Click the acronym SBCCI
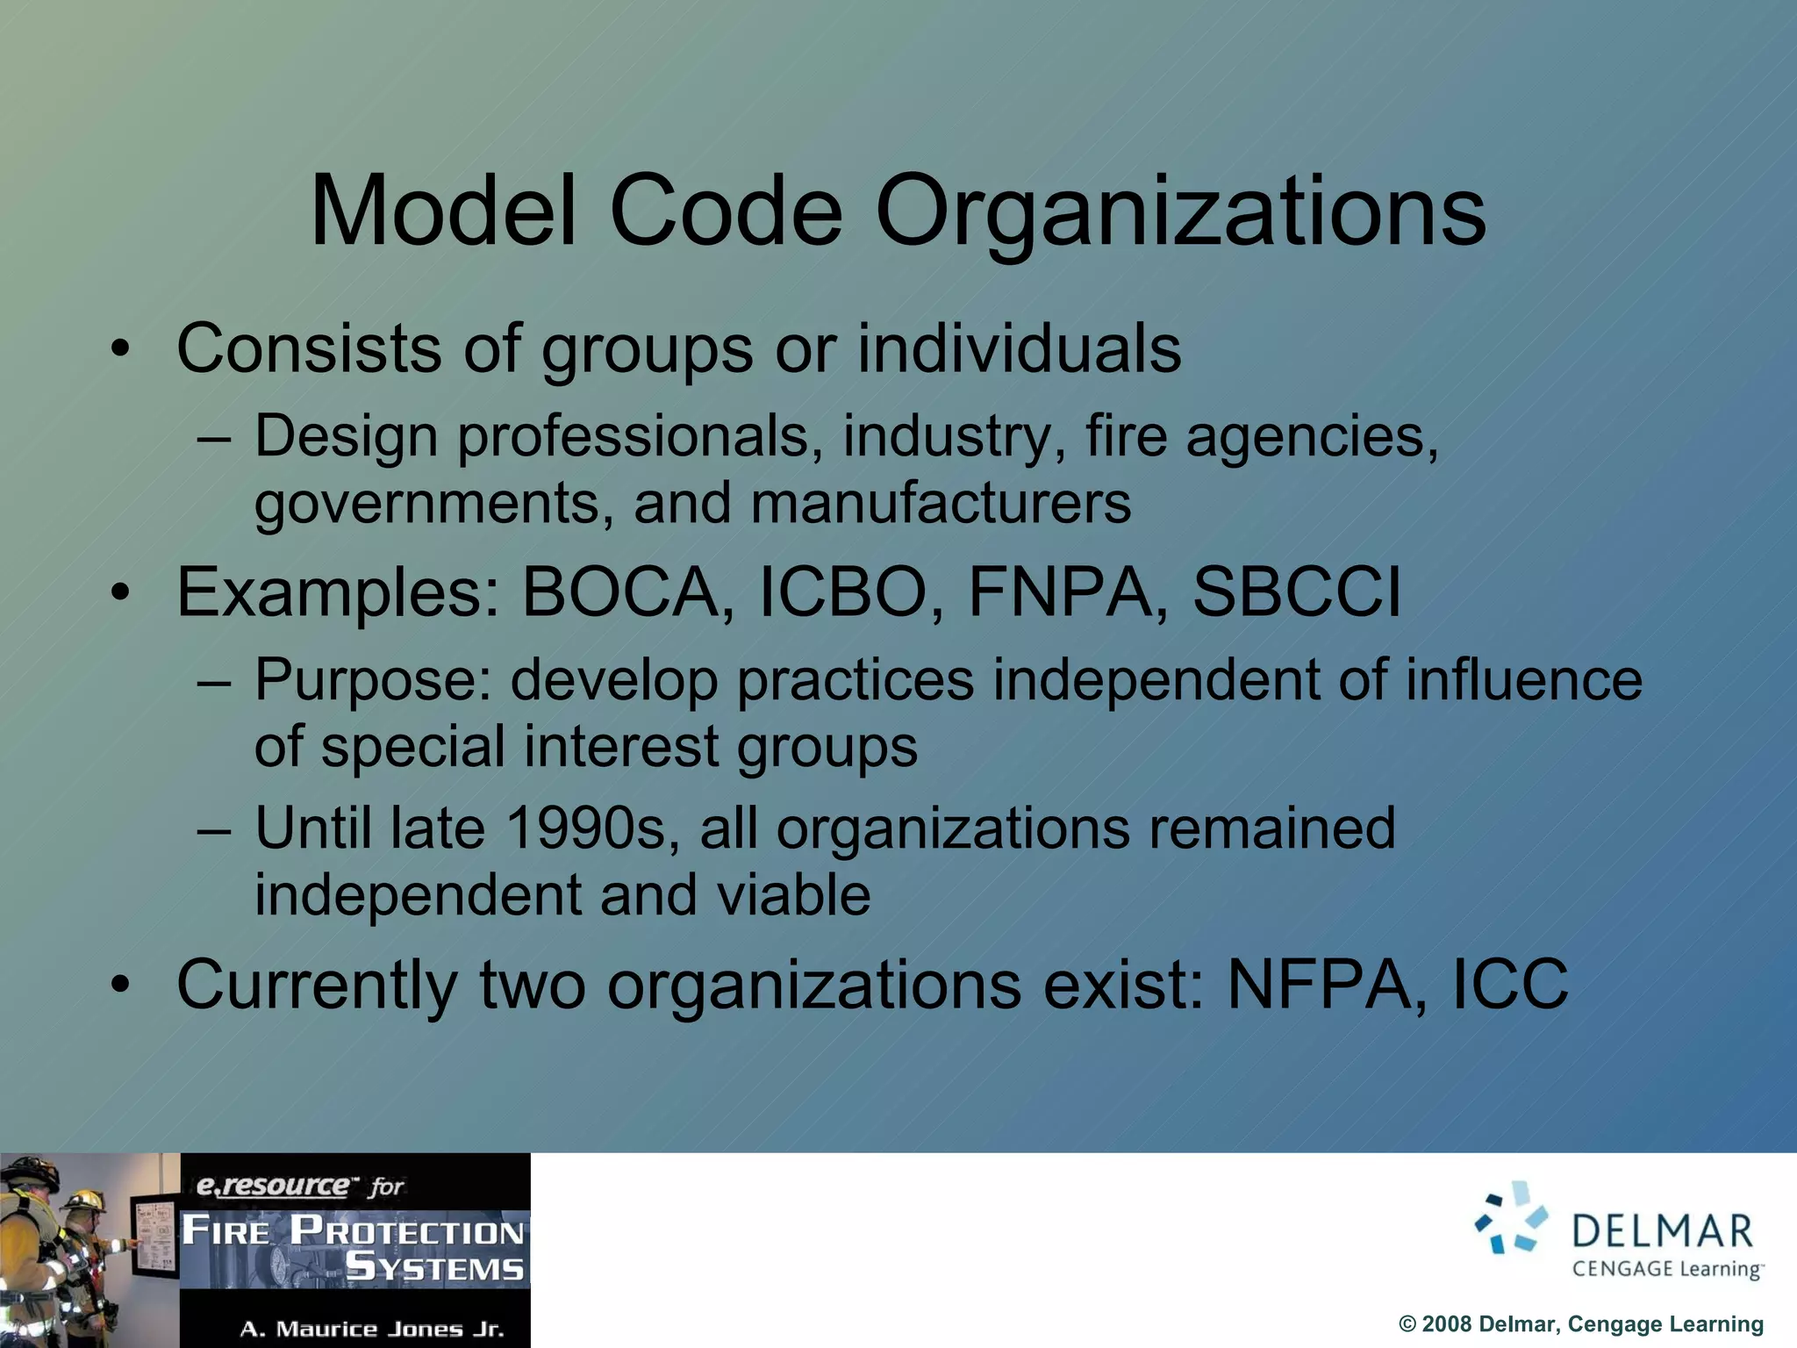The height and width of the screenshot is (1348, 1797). point(1296,592)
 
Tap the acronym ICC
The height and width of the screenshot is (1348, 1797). point(1510,985)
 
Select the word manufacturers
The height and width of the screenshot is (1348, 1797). point(941,504)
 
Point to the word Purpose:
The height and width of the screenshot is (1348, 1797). point(373,680)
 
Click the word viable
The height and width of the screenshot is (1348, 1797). point(793,895)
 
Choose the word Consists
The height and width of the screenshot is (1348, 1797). point(309,349)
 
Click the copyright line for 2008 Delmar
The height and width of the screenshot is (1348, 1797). point(1580,1324)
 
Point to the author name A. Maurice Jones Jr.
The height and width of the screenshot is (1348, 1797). point(372,1329)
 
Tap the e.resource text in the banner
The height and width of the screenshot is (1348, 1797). point(273,1187)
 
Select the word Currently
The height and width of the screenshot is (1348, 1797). point(317,985)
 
